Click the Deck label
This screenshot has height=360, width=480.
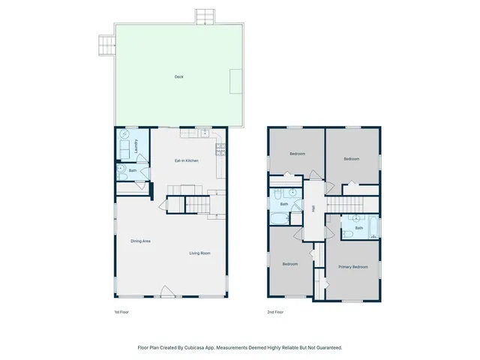pos(178,76)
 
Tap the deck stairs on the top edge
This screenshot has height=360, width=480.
pos(204,16)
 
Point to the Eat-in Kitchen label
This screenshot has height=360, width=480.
pos(186,160)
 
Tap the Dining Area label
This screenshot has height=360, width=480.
pos(141,241)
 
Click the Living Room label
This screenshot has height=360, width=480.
pos(199,253)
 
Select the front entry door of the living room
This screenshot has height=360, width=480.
pos(168,293)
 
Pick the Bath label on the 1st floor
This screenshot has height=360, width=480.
pos(133,171)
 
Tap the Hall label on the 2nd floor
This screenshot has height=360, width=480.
pos(313,208)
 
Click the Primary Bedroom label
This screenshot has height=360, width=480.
pos(352,267)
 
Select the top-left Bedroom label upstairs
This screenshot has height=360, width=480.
pos(297,154)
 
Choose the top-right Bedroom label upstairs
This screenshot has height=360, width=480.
pos(352,159)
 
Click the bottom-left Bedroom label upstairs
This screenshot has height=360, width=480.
pos(290,264)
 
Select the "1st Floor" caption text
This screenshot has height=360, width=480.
pos(120,311)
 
